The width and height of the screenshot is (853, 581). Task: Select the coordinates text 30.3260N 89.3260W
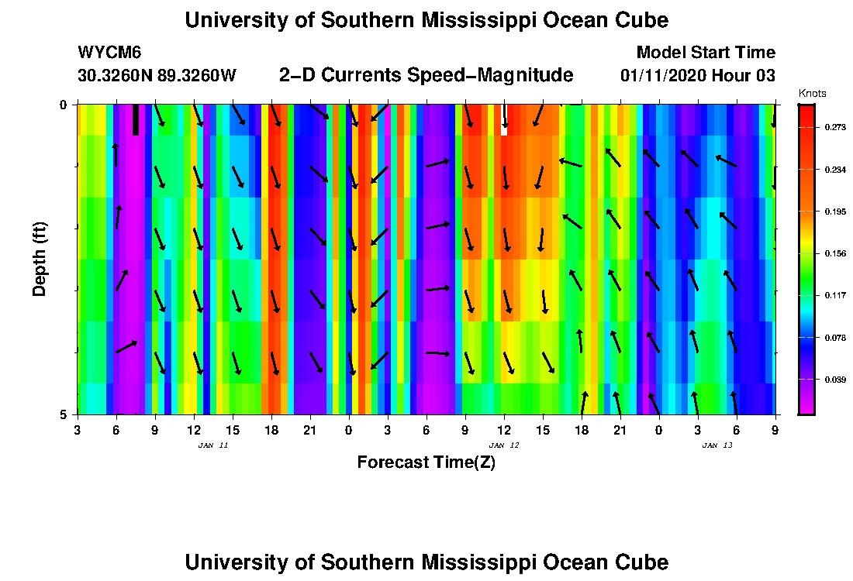pos(157,76)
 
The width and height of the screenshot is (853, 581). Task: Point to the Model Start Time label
pos(705,53)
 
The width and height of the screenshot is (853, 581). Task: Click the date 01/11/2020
pos(662,76)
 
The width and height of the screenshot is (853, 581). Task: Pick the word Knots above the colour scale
pos(813,93)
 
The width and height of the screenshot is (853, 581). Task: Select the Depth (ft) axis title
pos(40,260)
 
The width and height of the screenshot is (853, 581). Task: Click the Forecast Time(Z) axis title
pos(426,462)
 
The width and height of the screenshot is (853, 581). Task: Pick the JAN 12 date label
pos(503,445)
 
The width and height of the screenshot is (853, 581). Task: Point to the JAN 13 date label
pos(717,445)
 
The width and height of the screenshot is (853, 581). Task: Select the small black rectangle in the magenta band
pos(136,119)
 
